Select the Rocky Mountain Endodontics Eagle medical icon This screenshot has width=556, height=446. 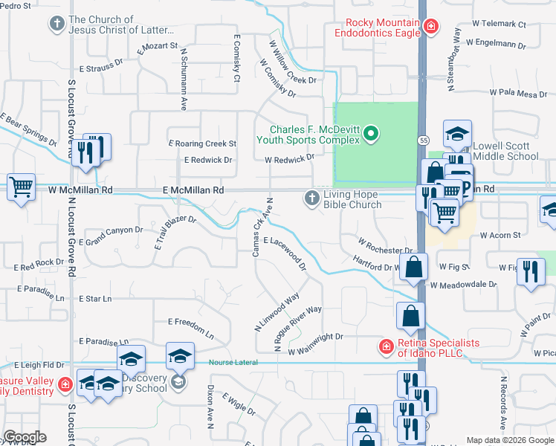pyautogui.click(x=430, y=28)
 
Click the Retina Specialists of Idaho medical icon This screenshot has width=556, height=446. pyautogui.click(x=385, y=346)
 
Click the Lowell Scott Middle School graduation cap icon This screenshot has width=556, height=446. pyautogui.click(x=457, y=134)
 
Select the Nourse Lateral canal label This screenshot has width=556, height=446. pyautogui.click(x=233, y=363)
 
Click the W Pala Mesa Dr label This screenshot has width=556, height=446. pyautogui.click(x=518, y=94)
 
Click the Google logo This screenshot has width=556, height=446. pyautogui.click(x=25, y=437)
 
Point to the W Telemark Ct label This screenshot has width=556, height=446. pyautogui.click(x=503, y=25)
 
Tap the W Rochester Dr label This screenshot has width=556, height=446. pyautogui.click(x=384, y=245)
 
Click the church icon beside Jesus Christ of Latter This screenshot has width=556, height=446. pyautogui.click(x=56, y=25)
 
